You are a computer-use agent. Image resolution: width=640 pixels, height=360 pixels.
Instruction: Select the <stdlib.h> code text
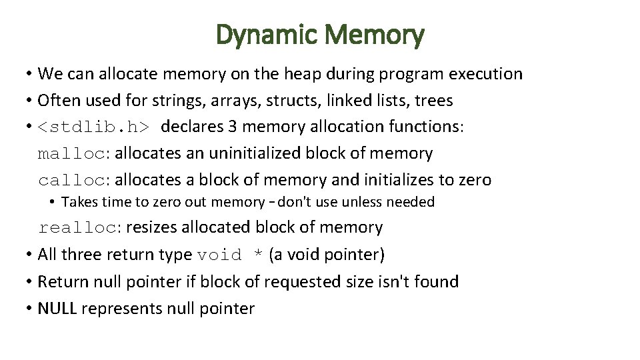click(94, 127)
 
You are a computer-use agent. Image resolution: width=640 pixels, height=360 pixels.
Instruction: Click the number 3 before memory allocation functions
click(235, 127)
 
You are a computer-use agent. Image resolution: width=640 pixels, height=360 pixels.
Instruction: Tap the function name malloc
click(71, 153)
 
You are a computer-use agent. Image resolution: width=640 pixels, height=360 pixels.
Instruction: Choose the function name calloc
click(71, 180)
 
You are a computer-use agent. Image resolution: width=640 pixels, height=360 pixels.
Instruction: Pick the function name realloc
click(77, 228)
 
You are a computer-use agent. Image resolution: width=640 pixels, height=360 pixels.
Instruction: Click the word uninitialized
click(255, 153)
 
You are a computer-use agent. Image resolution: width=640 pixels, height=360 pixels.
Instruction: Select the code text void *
click(230, 255)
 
